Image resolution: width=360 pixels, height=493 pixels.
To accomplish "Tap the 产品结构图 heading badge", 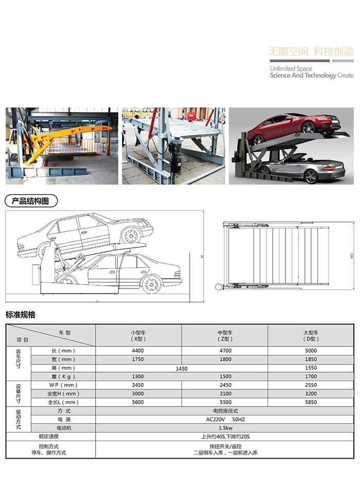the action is click(31, 201).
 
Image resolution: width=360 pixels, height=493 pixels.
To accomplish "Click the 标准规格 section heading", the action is click(21, 315).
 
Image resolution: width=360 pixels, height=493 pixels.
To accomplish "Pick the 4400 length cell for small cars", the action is click(138, 351).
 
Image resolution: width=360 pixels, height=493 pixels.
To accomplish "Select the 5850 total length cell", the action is click(311, 402).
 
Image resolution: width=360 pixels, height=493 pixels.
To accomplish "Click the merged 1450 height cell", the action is click(182, 369).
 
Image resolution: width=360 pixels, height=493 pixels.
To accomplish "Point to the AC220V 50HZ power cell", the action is click(225, 419).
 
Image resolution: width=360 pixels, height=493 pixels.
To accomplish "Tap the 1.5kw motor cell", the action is click(225, 428).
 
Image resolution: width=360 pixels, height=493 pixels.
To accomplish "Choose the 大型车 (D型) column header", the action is click(311, 336).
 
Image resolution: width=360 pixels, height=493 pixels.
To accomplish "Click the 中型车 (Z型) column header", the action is click(225, 336).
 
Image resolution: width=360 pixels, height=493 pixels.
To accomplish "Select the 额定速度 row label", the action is click(49, 436).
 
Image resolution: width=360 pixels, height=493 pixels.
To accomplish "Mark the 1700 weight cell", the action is click(311, 376).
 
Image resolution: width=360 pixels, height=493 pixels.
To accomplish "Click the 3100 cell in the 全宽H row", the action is click(225, 394).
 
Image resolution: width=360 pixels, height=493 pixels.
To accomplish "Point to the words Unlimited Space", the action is click(291, 68).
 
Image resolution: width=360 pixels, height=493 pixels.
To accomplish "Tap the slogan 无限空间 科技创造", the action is click(311, 51).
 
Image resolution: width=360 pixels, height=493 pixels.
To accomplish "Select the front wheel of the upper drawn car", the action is click(131, 235).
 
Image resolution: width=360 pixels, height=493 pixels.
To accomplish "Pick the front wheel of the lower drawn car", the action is click(152, 284).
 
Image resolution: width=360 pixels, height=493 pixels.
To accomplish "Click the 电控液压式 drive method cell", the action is click(225, 411).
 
